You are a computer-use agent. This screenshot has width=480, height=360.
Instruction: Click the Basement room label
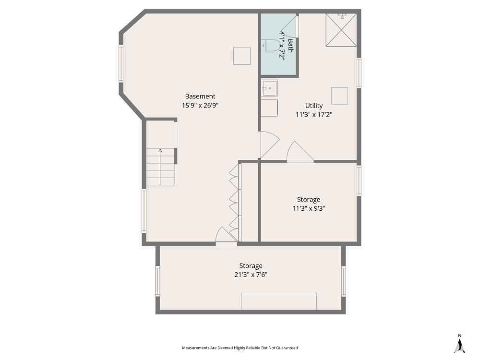click(200, 96)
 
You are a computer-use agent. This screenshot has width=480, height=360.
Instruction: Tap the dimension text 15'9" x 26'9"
click(200, 105)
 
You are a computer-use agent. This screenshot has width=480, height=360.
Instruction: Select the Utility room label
click(314, 106)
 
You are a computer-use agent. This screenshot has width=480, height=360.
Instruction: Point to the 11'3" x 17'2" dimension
click(314, 114)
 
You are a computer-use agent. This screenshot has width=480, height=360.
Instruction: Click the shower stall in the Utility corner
click(341, 30)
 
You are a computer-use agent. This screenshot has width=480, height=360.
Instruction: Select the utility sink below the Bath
click(269, 88)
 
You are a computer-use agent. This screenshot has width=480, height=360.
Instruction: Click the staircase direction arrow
click(160, 151)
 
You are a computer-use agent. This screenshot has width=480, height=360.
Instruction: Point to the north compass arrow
click(459, 345)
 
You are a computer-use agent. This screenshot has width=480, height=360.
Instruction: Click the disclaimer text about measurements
click(240, 348)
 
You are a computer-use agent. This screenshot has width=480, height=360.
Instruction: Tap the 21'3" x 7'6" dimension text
click(251, 275)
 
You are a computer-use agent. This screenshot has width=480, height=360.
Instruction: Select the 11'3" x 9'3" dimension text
click(309, 208)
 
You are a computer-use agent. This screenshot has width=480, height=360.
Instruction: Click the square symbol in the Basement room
click(242, 56)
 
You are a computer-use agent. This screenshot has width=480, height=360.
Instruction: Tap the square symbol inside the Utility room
click(339, 96)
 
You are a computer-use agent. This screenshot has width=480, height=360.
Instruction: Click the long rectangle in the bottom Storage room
click(278, 301)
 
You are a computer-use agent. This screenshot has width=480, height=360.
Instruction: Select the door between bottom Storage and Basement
click(226, 236)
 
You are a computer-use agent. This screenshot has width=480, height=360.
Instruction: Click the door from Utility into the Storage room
click(299, 153)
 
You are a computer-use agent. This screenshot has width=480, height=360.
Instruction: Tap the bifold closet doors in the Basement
click(234, 202)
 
